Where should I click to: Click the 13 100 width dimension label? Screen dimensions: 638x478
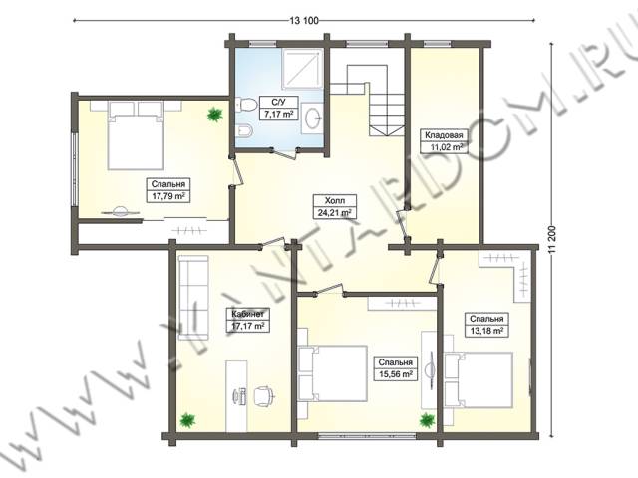pos(304,20)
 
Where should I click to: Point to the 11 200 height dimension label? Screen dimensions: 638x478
pos(552,240)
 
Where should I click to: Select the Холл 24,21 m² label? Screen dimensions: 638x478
pos(335,206)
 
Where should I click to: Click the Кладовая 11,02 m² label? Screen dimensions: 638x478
pos(444,141)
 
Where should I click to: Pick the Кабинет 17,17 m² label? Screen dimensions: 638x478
pos(248,320)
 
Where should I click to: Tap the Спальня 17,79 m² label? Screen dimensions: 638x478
pos(168,190)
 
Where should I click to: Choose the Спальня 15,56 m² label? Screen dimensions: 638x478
pos(396,368)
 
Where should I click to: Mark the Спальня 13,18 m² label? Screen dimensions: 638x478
pos(486,325)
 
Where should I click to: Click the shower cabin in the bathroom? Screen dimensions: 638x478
pos(303,69)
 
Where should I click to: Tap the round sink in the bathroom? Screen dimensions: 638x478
pos(312,119)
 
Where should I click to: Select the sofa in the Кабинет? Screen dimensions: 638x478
pos(193,297)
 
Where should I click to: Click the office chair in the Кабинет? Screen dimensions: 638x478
pos(263,395)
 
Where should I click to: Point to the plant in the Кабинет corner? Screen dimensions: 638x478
pos(187,420)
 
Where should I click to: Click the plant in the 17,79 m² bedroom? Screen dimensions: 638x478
pos(214,116)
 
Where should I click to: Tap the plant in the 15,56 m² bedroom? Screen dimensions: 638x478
pos(428,420)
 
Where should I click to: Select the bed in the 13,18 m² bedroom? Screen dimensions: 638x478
pos(478,380)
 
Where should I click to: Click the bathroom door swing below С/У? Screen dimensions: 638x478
pos(285,152)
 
